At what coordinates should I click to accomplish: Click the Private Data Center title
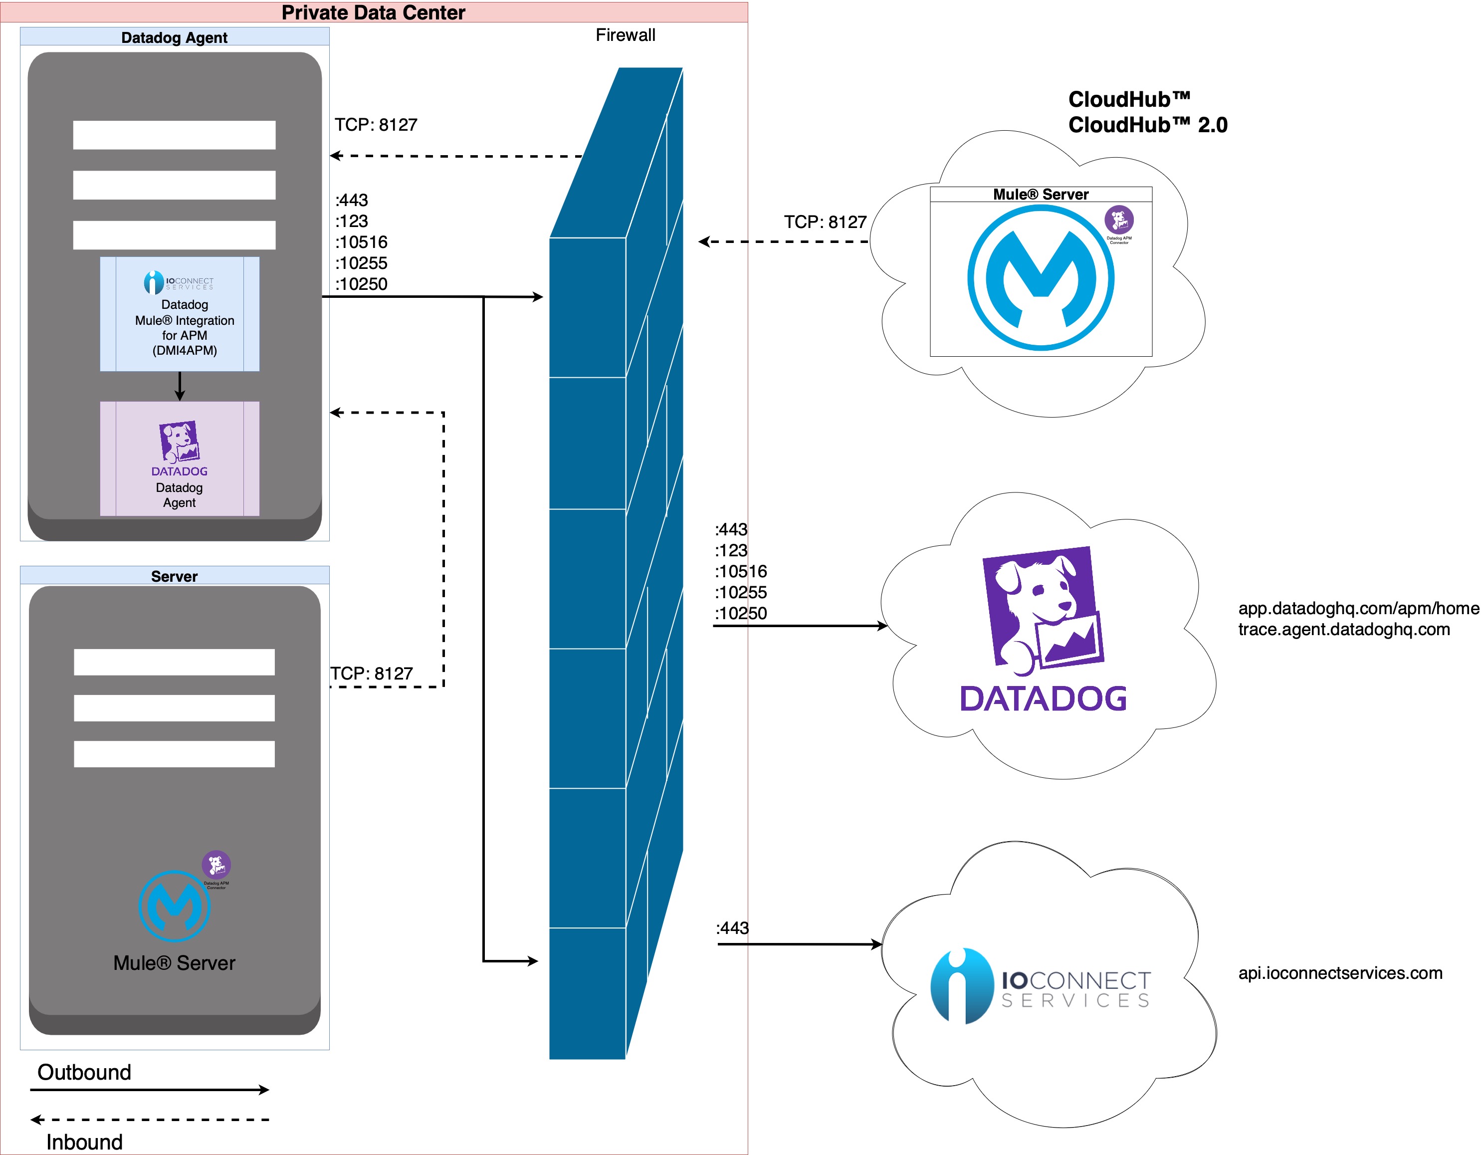pos(373,12)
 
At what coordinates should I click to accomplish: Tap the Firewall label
pos(625,35)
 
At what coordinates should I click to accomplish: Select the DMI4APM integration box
pos(180,314)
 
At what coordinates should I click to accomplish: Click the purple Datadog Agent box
pos(180,459)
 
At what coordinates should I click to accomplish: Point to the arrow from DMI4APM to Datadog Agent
pos(180,386)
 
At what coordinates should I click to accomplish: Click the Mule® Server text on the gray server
pos(174,963)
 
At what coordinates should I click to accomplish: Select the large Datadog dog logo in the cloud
pos(1042,610)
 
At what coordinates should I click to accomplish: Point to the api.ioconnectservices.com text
pos(1340,973)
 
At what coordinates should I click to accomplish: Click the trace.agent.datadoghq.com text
pos(1344,629)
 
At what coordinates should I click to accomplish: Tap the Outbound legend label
pos(84,1072)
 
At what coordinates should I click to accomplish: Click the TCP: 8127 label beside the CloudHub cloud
pos(825,222)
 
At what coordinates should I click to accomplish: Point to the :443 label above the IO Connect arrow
pos(732,928)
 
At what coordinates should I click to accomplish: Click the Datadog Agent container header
pos(174,37)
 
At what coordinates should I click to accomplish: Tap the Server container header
pos(174,576)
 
